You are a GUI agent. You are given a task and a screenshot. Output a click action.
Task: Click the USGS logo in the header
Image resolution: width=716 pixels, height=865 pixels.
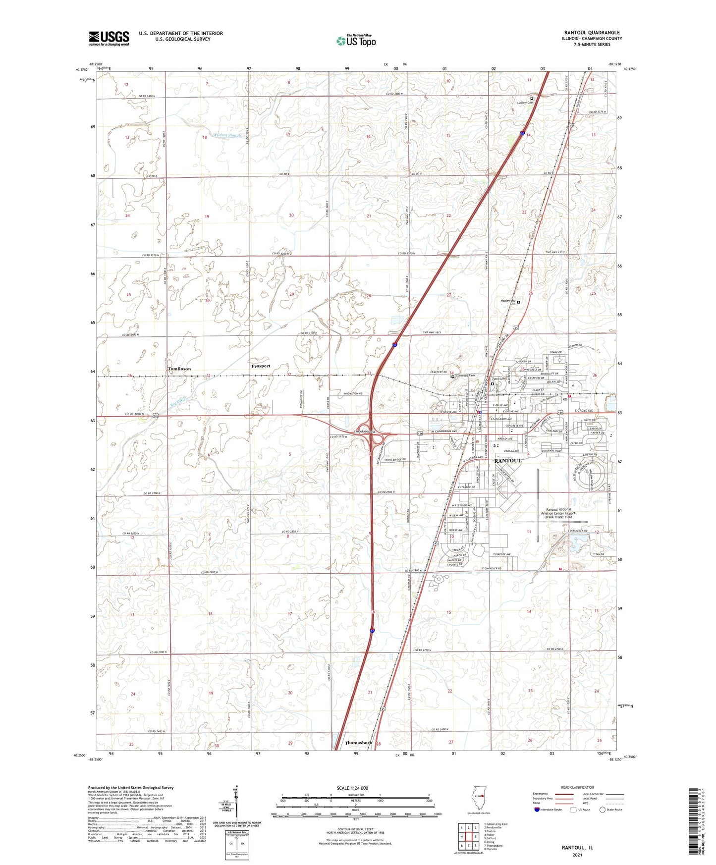[x=109, y=38]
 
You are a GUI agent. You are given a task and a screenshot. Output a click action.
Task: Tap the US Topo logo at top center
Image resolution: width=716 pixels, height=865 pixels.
[x=355, y=41]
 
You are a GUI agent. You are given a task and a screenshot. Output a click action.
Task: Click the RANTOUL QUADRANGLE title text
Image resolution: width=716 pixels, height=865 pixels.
[x=592, y=33]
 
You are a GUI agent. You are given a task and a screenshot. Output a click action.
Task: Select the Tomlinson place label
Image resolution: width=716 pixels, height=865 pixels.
[x=179, y=369]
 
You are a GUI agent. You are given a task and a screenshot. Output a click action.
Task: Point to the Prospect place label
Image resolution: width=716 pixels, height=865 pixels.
[x=261, y=366]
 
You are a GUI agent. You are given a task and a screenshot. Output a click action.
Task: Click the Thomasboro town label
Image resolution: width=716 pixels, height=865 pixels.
[x=358, y=743]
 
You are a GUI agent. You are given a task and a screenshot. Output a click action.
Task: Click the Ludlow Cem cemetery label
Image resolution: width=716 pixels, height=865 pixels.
[x=524, y=103]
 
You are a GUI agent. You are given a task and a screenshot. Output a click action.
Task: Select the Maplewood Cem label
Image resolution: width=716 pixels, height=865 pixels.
[x=509, y=302]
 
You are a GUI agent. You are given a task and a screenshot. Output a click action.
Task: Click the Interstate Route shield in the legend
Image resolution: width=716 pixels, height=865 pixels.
[x=537, y=810]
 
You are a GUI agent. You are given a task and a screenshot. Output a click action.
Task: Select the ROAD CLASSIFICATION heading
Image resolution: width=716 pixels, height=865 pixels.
[x=577, y=787]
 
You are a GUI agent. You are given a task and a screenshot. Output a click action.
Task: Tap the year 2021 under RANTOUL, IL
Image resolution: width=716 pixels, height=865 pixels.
[x=577, y=855]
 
